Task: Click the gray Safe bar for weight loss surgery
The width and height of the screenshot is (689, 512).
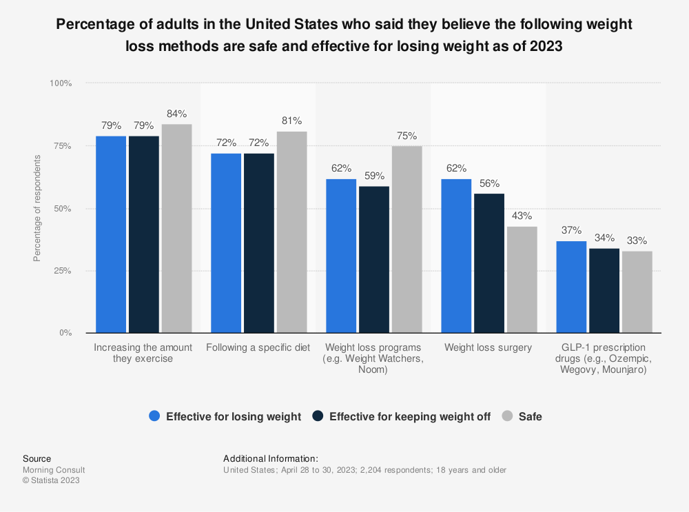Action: tap(522, 280)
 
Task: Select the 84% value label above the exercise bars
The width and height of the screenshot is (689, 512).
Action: tap(176, 114)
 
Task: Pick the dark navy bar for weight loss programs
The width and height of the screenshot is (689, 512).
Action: tap(374, 259)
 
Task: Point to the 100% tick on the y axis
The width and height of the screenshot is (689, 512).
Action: tap(60, 83)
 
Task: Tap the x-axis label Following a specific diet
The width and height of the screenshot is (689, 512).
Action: tap(258, 347)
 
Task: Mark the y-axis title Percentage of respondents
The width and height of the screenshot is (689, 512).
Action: tap(37, 208)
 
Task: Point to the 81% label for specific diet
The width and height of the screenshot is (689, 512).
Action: tap(291, 121)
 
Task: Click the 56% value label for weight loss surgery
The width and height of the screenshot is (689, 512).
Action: tap(489, 183)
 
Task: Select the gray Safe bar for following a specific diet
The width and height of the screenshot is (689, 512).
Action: tap(291, 232)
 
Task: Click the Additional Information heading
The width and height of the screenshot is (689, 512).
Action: tap(271, 458)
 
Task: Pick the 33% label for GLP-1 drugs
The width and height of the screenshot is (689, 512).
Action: tap(637, 240)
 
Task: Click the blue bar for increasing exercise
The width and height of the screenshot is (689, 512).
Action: tap(111, 234)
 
